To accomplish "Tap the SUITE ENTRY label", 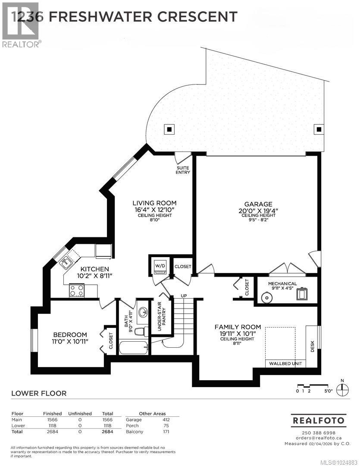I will tap(183, 170).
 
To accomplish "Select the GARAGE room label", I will tap(258, 204).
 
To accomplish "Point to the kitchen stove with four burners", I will tap(77, 290).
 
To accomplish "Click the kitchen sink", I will tap(66, 261).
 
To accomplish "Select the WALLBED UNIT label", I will tap(285, 363).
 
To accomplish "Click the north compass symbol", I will tap(342, 387).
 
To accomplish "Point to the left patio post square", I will tap(169, 129).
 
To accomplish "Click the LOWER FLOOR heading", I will tap(38, 393).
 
